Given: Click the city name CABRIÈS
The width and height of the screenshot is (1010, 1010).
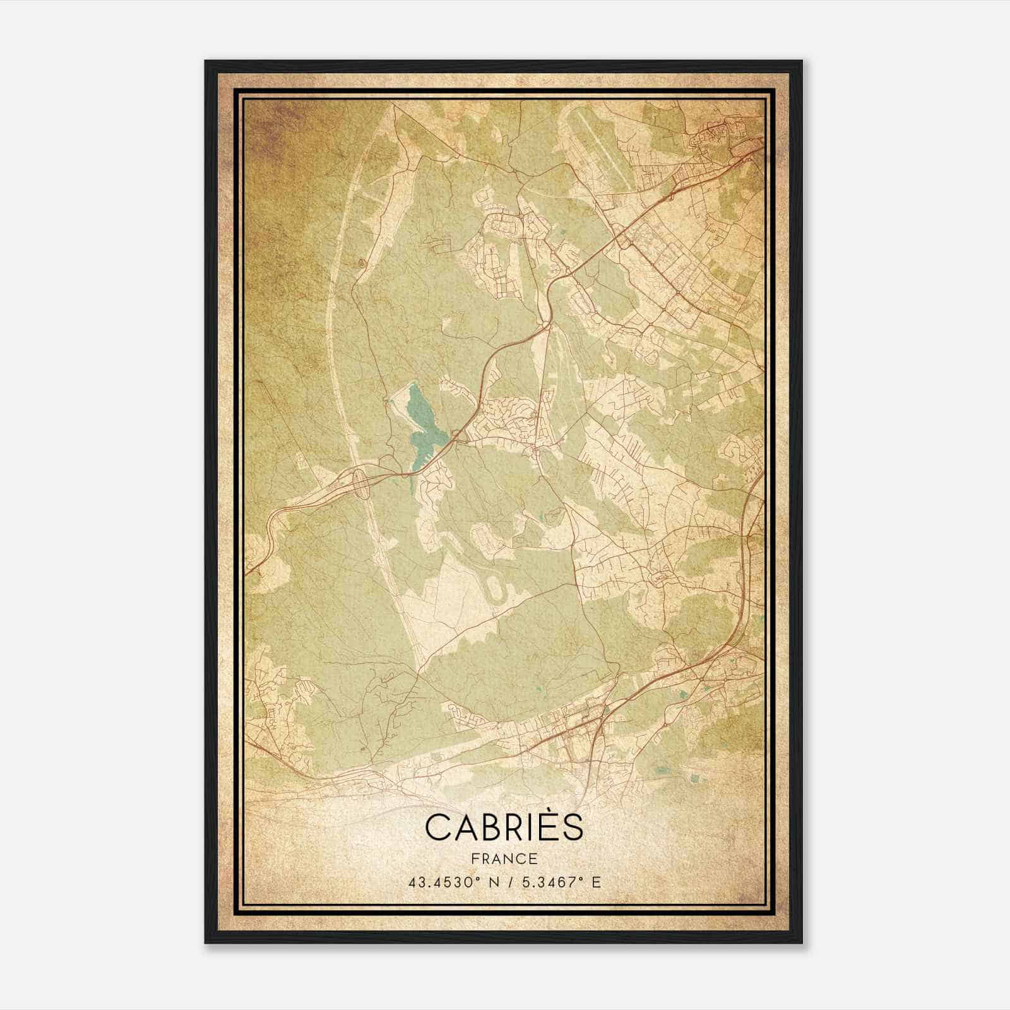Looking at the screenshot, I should (504, 828).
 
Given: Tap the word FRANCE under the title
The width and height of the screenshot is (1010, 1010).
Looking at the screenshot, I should (504, 858).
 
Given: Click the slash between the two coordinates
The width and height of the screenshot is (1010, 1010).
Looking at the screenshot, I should (512, 882).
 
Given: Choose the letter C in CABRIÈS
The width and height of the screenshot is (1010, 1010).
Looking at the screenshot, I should (437, 828).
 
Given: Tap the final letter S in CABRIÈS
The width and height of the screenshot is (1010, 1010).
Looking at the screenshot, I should (571, 828).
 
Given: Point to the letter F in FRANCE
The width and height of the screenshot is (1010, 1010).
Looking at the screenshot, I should (475, 858).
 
